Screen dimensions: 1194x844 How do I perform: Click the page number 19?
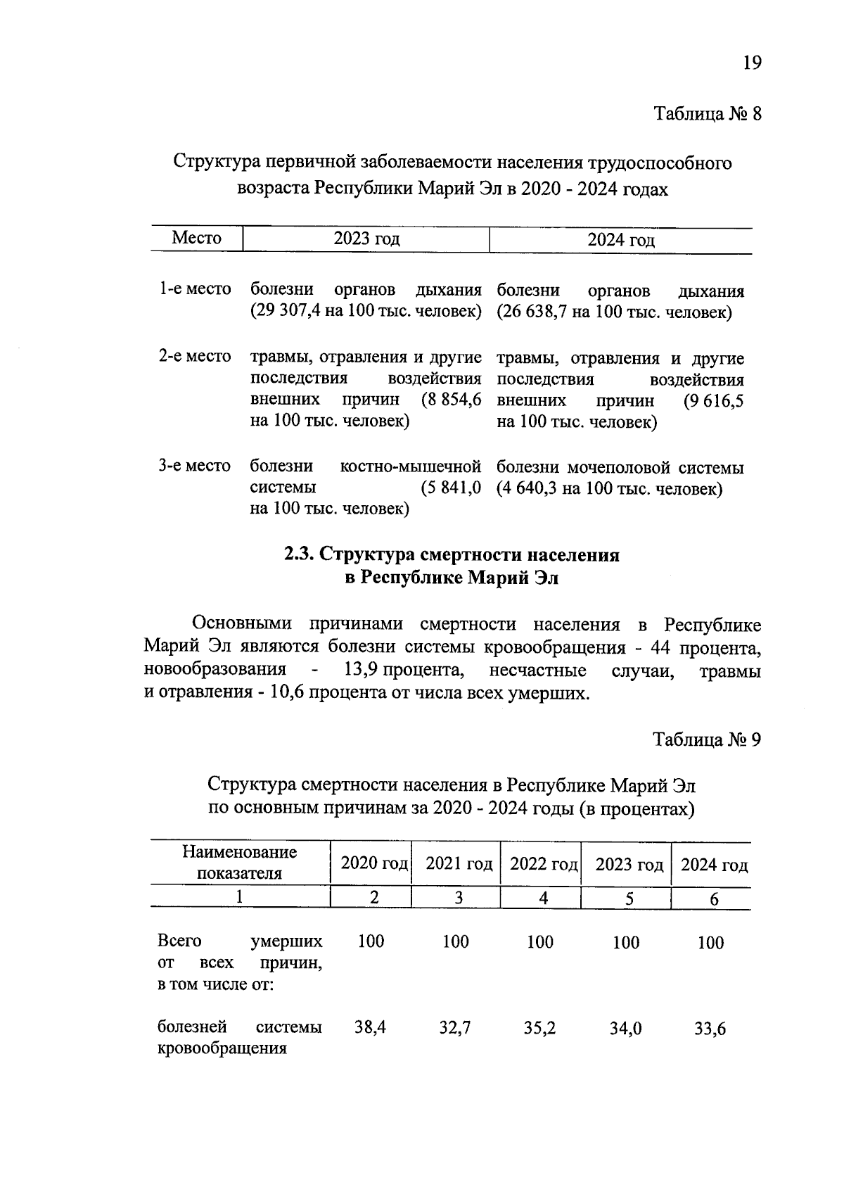(751, 63)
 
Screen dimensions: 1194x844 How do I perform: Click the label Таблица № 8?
(708, 114)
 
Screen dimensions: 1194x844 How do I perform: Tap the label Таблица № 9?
(707, 739)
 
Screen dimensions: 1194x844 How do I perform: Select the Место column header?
(196, 239)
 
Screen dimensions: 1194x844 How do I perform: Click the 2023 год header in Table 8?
(366, 239)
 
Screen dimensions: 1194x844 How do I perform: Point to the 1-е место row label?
(195, 289)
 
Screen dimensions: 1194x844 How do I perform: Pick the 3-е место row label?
(195, 466)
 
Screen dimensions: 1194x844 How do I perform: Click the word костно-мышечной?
(410, 466)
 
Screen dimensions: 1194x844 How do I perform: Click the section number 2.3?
(299, 555)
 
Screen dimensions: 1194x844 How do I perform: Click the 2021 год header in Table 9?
(459, 864)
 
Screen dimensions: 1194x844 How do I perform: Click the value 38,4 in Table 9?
(370, 1027)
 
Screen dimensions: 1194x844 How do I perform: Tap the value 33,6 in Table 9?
(710, 1029)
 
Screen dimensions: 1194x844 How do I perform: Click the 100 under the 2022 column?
(540, 942)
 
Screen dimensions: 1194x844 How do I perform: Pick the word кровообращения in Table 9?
(222, 1048)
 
